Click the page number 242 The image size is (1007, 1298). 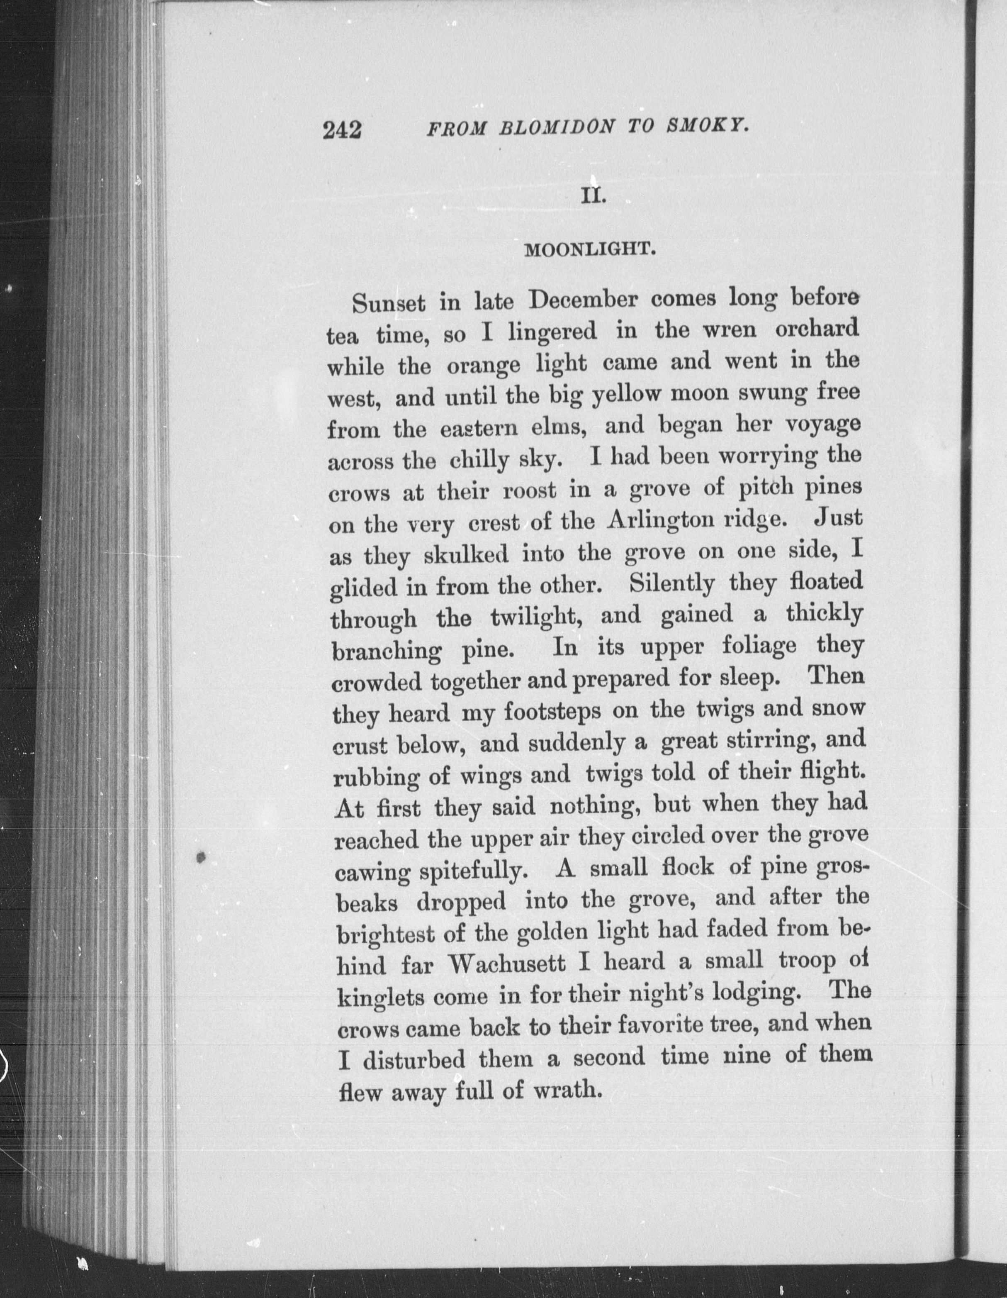(342, 129)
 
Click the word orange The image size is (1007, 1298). (483, 364)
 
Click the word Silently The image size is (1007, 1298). (672, 584)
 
